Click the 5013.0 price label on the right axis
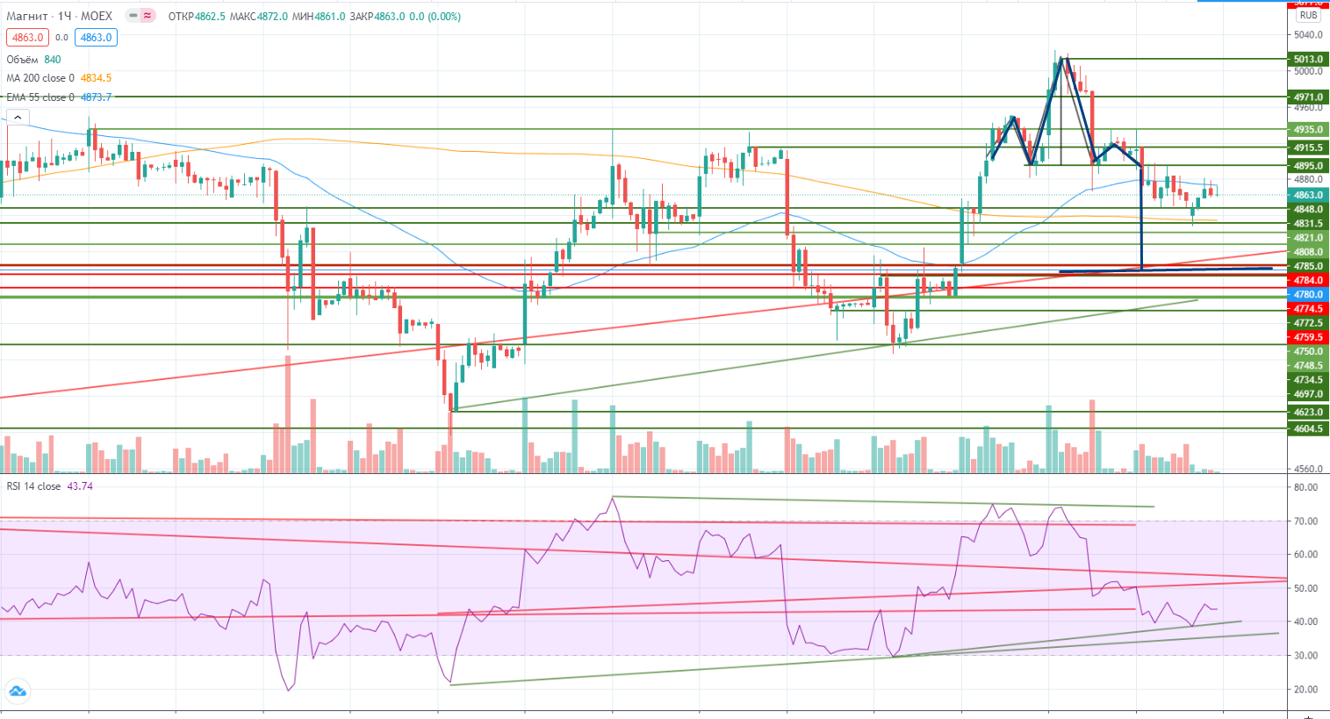1308,60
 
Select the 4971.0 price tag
1308,97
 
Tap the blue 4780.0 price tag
1308,295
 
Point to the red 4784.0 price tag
1308,281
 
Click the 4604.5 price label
1308,429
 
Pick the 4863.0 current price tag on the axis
1308,196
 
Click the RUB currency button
1309,15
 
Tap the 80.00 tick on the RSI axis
1305,487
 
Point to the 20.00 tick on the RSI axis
1305,690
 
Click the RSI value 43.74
80,486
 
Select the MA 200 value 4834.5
96,78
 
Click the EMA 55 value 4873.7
96,97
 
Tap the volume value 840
53,60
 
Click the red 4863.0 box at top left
27,38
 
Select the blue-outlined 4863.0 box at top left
96,38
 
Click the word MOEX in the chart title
97,16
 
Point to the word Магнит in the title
27,16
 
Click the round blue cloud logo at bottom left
17,691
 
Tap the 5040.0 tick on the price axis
1308,36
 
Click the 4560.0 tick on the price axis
1308,470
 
